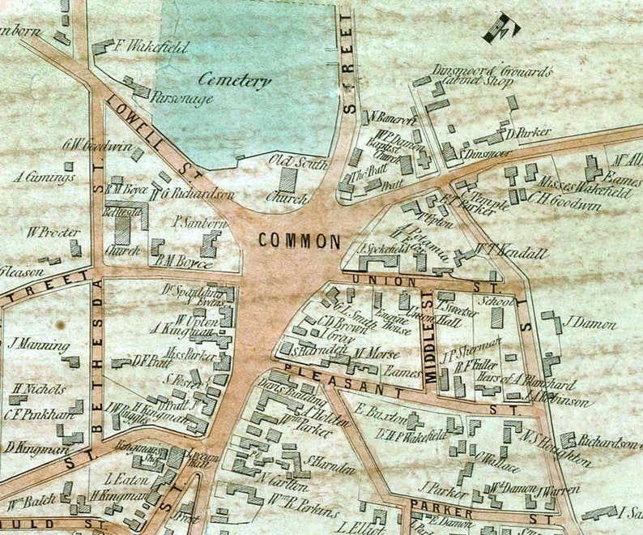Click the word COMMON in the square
299,241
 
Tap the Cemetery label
235,81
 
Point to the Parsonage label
182,98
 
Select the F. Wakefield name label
152,48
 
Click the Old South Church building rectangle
288,178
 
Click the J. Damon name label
589,324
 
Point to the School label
492,299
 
